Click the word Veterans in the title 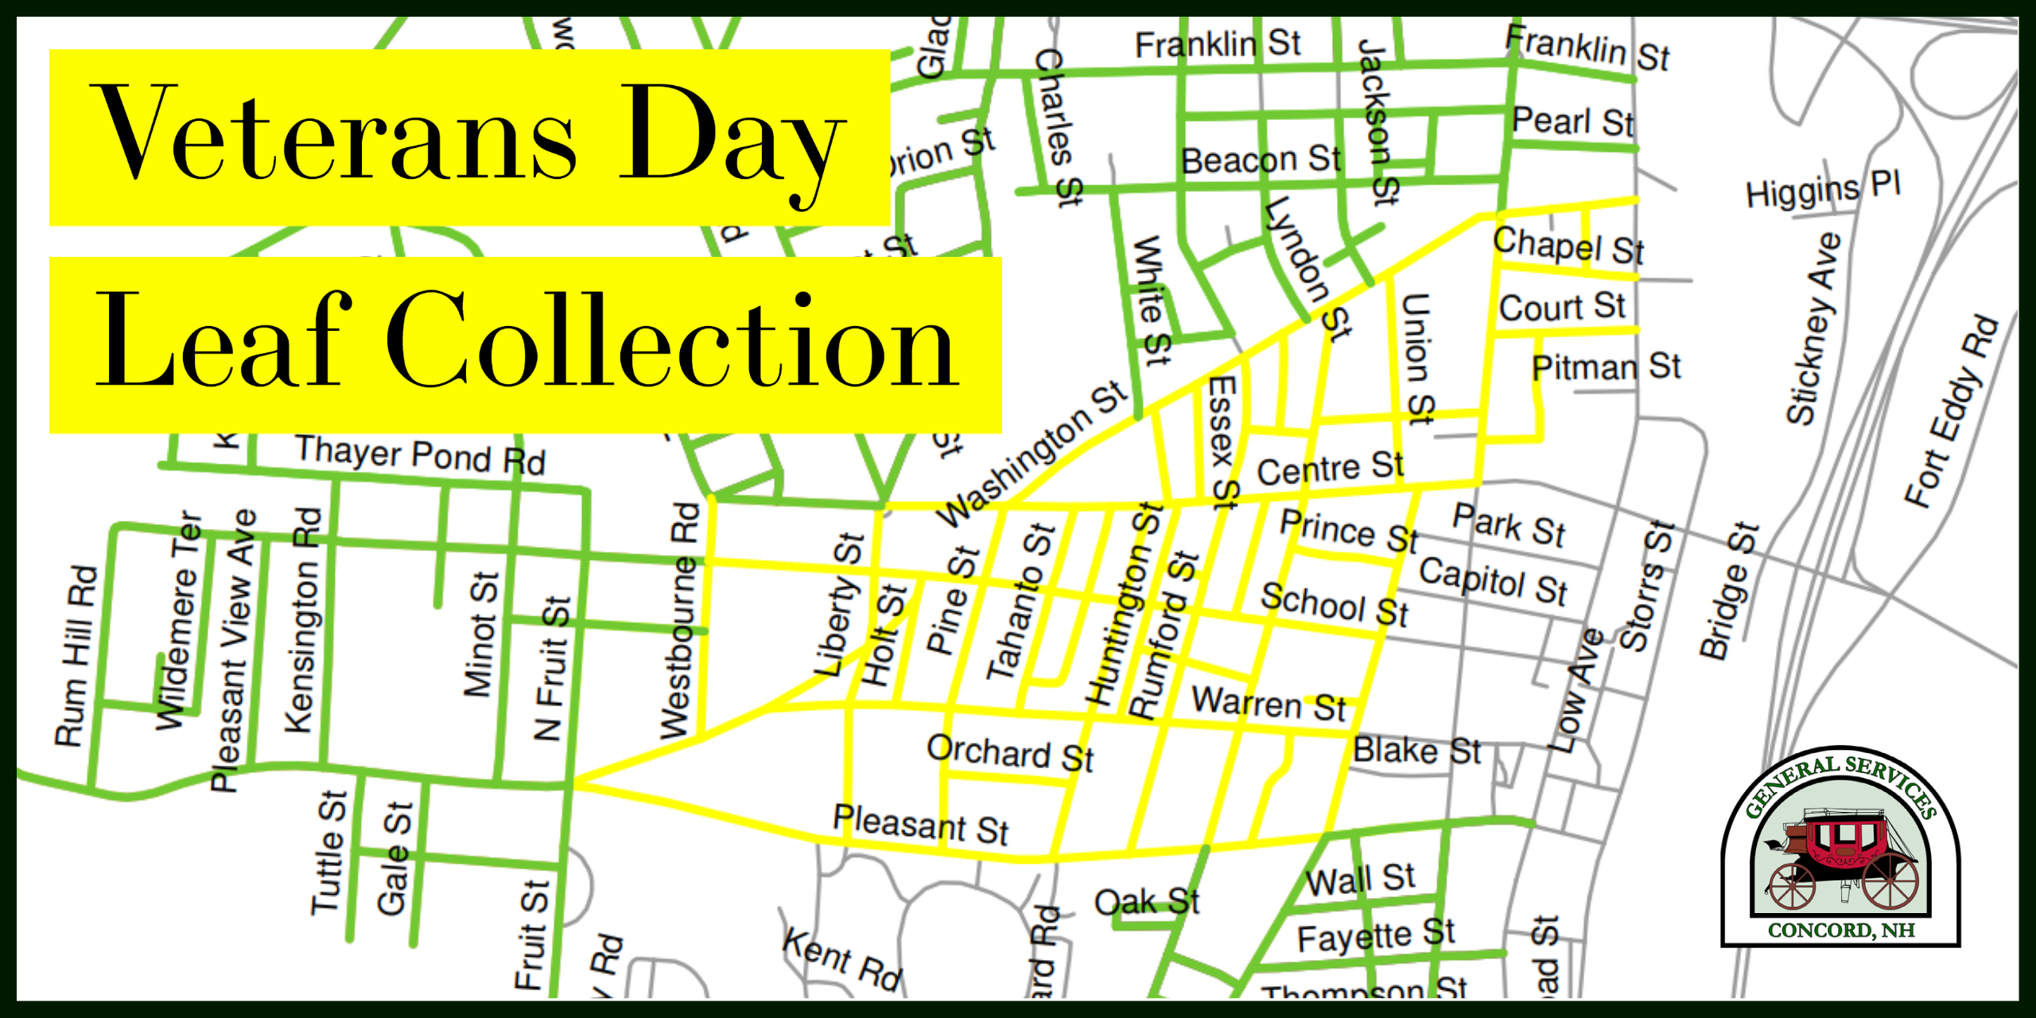click(x=334, y=135)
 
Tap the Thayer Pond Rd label click(x=420, y=455)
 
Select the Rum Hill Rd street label click(x=76, y=655)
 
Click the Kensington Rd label click(x=303, y=620)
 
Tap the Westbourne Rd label click(x=679, y=620)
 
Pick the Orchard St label click(x=1010, y=752)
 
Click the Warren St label click(x=1269, y=704)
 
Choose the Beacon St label click(x=1261, y=160)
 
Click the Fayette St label click(x=1376, y=935)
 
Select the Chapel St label click(x=1568, y=245)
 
